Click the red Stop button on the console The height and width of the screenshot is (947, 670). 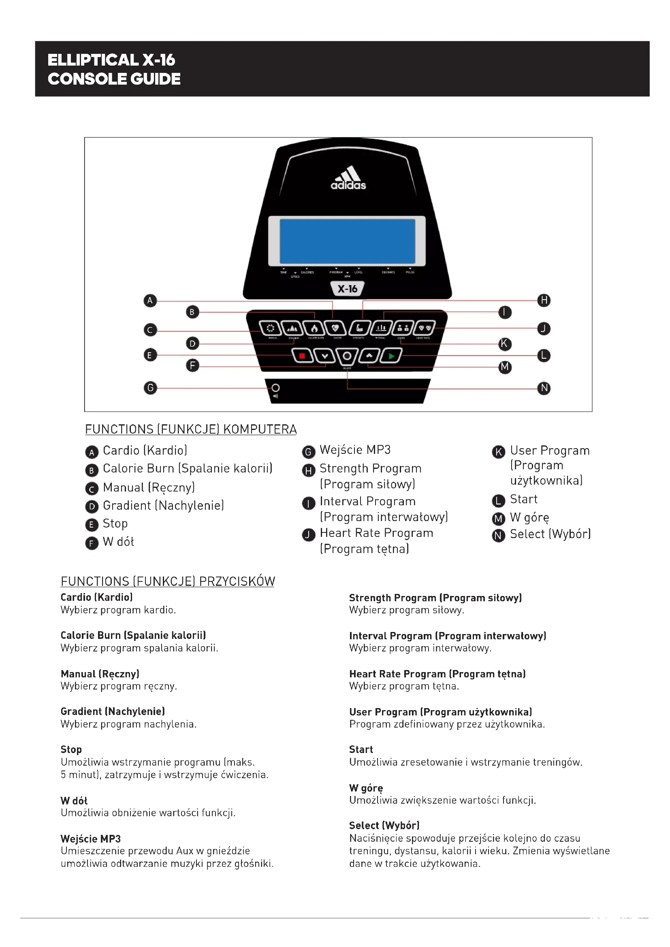click(302, 356)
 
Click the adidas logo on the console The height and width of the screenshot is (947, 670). click(348, 178)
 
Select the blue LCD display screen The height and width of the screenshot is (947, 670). click(348, 241)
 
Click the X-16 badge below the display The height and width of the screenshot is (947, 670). click(348, 289)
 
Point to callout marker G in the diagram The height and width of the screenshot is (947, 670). click(150, 388)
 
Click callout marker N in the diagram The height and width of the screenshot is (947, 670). click(544, 388)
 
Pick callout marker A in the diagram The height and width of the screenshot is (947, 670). click(150, 300)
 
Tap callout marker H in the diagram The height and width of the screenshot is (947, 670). click(544, 300)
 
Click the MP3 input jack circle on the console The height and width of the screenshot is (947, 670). click(275, 388)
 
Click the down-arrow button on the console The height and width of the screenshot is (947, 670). click(325, 356)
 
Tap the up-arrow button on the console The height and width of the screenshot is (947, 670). click(369, 355)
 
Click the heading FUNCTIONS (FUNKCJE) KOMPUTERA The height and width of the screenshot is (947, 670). click(191, 429)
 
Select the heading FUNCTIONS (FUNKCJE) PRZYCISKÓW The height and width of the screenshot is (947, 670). click(168, 581)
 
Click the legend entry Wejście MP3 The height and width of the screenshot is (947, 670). click(355, 449)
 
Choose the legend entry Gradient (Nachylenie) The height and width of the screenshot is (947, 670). click(163, 505)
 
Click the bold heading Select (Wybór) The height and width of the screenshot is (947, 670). click(384, 825)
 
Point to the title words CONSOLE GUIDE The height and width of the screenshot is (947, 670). click(114, 79)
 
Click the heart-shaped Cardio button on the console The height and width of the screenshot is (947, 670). click(335, 328)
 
